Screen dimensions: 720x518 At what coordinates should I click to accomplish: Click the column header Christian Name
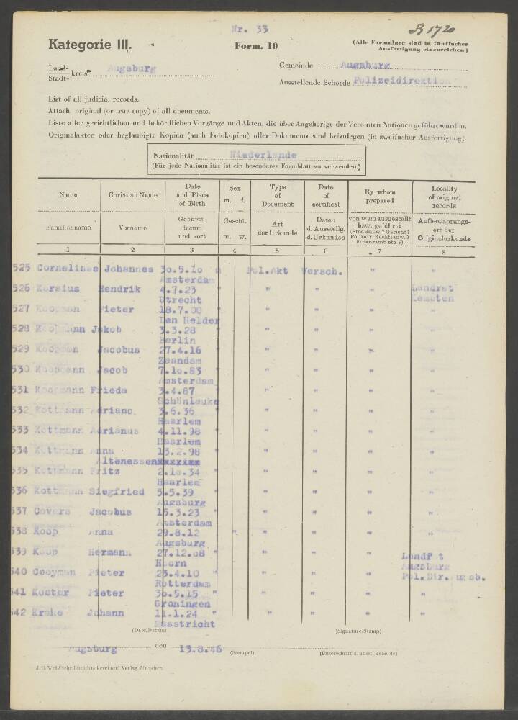[132, 194]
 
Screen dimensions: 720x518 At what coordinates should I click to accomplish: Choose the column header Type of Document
[277, 195]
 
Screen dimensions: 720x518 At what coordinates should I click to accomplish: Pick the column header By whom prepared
[379, 194]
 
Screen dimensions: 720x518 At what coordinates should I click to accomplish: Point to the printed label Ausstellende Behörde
[314, 84]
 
